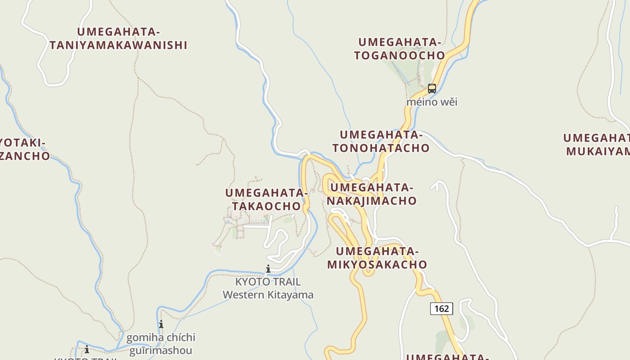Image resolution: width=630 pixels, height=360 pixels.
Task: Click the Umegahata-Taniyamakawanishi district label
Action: [118, 39]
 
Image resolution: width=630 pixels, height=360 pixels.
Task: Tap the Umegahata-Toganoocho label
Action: [400, 49]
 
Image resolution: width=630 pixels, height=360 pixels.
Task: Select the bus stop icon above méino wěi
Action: [432, 89]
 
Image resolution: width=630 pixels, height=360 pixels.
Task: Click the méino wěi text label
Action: [432, 102]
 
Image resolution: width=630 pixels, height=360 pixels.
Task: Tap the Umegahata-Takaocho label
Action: [266, 199]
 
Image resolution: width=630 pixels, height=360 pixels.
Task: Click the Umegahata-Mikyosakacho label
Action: [377, 258]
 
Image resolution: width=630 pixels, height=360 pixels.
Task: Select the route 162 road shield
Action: [441, 308]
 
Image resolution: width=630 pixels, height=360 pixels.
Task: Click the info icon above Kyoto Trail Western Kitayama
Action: [268, 269]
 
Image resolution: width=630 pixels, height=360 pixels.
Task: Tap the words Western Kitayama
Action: [268, 295]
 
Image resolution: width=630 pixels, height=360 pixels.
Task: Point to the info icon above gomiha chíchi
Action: [161, 324]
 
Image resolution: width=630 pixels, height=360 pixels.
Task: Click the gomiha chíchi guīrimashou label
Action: [161, 344]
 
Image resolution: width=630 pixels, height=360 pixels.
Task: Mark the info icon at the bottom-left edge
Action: [86, 349]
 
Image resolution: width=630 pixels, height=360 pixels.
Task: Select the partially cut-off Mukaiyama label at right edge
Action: [597, 144]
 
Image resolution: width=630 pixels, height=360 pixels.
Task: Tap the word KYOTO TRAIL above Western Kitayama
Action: [268, 282]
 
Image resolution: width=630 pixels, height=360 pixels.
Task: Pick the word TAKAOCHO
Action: [266, 206]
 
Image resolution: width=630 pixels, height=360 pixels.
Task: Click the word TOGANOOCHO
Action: [400, 55]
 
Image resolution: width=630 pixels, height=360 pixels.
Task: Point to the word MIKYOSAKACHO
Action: [377, 265]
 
